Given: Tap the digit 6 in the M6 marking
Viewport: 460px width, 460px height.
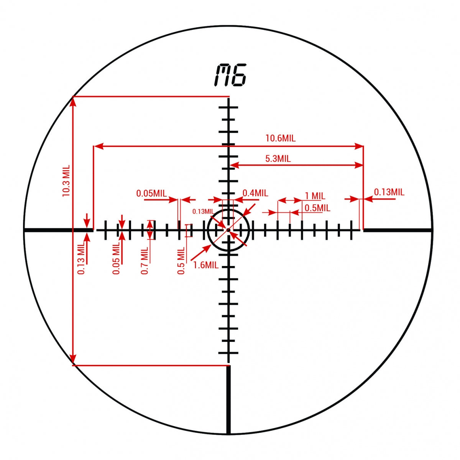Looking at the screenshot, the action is point(239,75).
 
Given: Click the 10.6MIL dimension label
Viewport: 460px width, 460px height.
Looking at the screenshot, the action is point(281,138).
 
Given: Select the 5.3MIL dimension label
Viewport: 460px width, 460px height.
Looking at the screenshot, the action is point(278,158).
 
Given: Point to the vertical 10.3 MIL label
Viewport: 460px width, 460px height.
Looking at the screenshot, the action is point(66,181).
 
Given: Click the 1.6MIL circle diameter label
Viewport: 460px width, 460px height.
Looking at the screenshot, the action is point(206,265).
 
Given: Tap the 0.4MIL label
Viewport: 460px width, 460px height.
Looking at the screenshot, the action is point(255,193).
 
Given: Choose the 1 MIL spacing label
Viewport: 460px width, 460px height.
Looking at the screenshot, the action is point(315,196).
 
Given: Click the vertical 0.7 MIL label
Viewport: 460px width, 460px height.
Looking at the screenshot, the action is point(145,260).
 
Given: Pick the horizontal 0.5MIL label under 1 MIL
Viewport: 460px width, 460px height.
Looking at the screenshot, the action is point(317,208).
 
